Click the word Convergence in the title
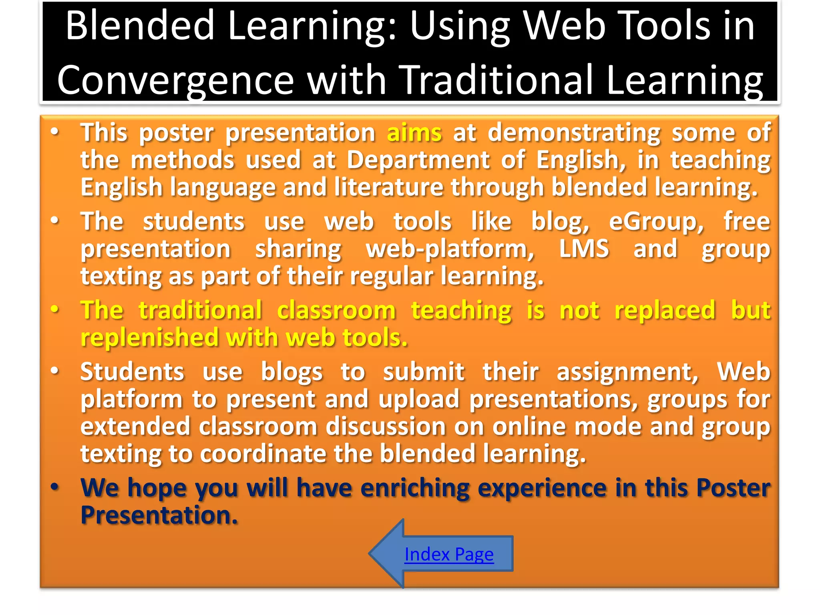tap(175, 80)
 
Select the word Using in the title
tap(460, 26)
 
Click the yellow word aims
tap(414, 133)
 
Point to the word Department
tap(418, 160)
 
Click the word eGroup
tap(655, 222)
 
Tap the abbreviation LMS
tap(584, 249)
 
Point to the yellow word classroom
tap(336, 311)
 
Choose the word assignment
tap(627, 372)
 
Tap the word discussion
tap(385, 427)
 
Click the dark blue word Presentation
tap(159, 515)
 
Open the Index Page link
tap(449, 555)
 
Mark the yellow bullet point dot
tap(55, 310)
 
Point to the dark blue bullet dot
tap(55, 487)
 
